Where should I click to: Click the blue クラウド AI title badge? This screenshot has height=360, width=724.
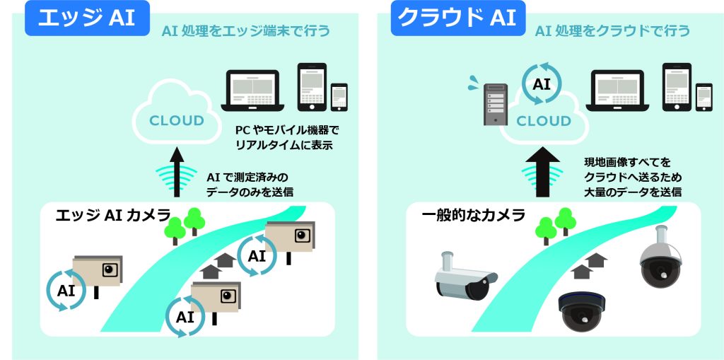457,18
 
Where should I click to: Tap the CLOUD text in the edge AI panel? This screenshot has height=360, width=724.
176,120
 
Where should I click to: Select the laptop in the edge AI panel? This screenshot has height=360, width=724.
254,91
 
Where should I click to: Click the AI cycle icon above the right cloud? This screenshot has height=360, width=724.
542,83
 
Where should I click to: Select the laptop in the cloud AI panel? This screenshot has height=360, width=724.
619,91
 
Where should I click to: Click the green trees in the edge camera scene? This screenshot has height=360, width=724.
185,223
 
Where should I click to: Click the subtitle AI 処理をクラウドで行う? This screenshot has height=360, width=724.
612,31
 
